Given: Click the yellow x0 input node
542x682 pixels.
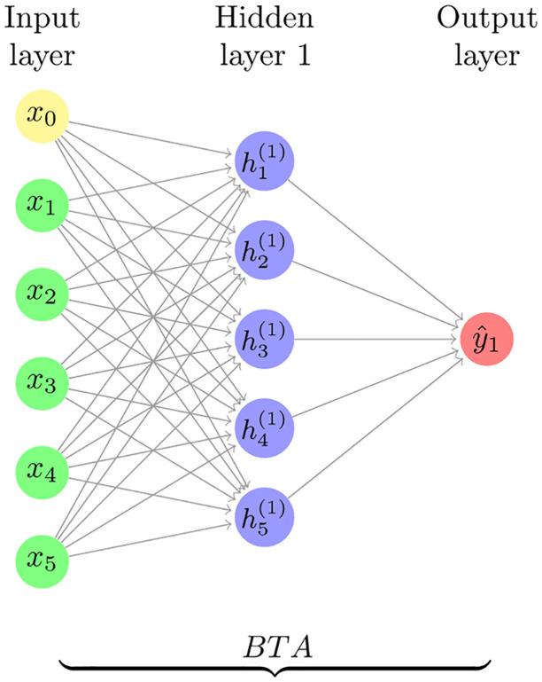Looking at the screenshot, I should (43, 118).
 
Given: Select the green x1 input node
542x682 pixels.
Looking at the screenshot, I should (43, 206).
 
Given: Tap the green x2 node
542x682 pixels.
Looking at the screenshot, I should (43, 294).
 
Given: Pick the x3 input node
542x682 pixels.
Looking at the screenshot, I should (43, 383).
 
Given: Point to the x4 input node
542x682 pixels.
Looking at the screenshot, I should (43, 472).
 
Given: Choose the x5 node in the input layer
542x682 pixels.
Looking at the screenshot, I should (43, 560).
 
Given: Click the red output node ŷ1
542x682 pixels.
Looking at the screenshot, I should (486, 339).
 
